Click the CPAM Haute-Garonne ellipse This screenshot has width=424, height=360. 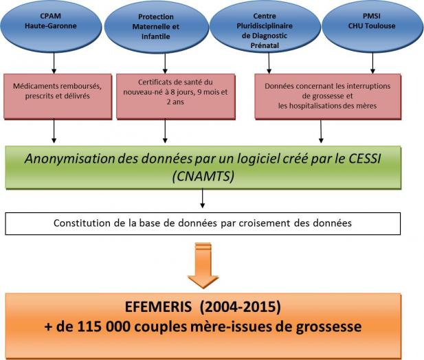(x=51, y=26)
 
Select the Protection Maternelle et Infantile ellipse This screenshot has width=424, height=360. (x=157, y=27)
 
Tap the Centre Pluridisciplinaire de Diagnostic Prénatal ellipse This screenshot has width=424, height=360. (x=265, y=27)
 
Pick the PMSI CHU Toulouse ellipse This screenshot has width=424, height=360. (x=372, y=26)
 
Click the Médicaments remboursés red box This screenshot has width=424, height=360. (x=58, y=96)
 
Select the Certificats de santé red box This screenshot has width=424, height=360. (x=176, y=96)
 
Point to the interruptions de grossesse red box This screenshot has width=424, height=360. (x=328, y=96)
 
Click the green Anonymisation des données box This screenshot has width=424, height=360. (x=203, y=168)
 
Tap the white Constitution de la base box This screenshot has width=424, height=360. (x=203, y=223)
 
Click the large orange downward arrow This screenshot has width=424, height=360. (x=203, y=265)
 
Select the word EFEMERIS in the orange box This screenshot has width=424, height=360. (x=158, y=307)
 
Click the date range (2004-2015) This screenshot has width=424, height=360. (x=241, y=307)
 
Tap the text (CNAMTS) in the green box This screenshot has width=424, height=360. (x=203, y=176)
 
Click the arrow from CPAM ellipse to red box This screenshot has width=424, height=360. (x=54, y=63)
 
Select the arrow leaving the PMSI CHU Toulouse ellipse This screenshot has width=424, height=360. (x=373, y=63)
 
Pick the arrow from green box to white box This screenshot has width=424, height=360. (x=203, y=199)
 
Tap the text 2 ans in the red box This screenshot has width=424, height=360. (x=175, y=102)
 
